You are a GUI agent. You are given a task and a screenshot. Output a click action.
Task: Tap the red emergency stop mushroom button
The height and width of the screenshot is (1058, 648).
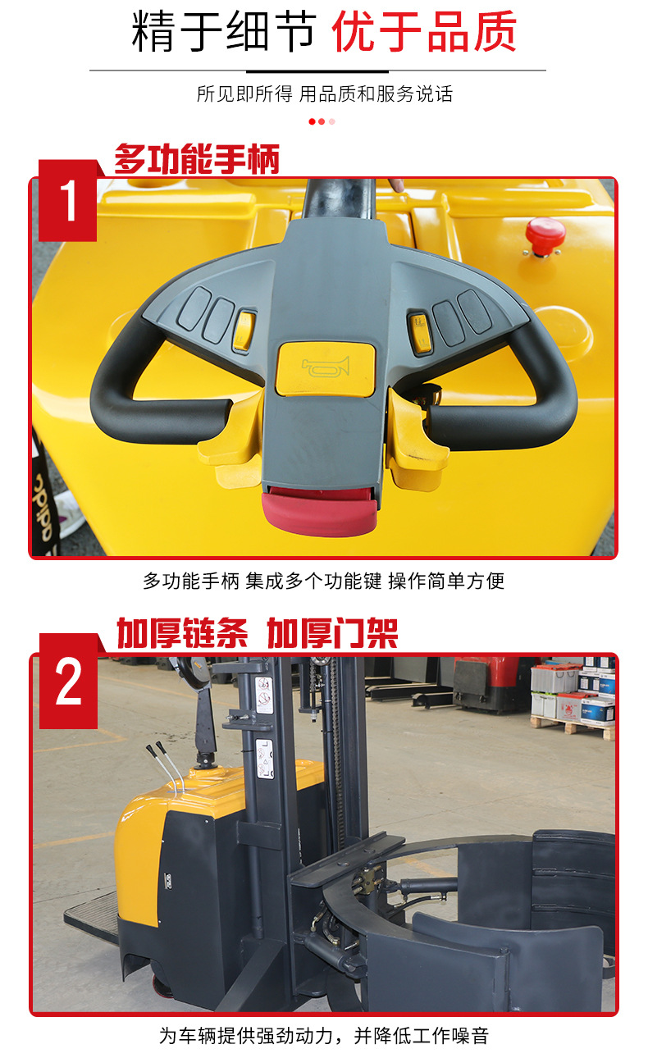545,233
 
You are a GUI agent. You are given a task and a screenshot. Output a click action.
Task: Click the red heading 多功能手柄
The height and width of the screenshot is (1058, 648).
197,159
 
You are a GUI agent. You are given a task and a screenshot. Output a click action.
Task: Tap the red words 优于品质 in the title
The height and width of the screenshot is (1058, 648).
424,33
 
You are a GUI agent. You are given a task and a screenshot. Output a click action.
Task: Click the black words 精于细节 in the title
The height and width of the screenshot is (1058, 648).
223,33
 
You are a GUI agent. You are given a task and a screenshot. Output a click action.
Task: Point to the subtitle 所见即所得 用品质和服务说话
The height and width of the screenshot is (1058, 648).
324,93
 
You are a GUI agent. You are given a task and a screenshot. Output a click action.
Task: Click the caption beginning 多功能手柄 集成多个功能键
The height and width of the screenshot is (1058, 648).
324,581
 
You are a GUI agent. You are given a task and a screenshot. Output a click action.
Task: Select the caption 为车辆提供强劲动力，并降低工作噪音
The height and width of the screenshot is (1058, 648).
324,1036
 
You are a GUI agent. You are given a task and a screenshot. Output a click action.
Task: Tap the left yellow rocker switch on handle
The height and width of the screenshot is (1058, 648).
244,331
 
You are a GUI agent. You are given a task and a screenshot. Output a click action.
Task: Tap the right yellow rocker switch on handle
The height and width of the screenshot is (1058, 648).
419,333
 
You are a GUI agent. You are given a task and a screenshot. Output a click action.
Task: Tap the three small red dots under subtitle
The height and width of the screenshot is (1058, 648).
322,122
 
